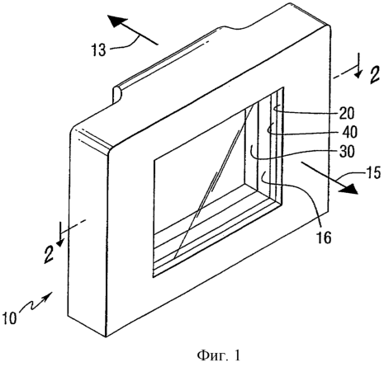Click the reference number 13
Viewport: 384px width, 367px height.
pos(99,50)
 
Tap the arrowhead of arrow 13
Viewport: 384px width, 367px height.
pos(118,22)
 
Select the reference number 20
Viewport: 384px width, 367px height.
pos(347,113)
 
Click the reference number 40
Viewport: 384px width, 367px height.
pos(348,133)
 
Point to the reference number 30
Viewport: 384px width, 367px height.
pos(347,152)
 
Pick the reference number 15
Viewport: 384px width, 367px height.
pos(373,172)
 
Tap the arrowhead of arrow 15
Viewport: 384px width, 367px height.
pos(348,189)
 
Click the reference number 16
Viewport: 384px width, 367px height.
pos(324,238)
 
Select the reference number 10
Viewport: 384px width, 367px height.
pos(9,318)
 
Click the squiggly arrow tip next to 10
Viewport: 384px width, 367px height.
pos(49,295)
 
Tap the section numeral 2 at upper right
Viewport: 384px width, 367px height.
pos(374,77)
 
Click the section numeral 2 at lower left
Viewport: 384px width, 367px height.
pos(49,255)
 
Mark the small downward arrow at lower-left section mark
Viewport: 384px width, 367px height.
pos(59,234)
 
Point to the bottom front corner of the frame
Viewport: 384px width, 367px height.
pos(107,336)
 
